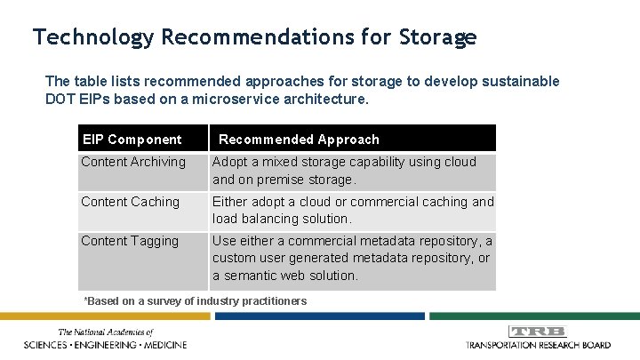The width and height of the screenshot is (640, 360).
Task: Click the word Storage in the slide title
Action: pyautogui.click(x=438, y=37)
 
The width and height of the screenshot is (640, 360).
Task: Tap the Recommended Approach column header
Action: pyautogui.click(x=299, y=139)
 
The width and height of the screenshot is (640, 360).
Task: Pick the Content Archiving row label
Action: pyautogui.click(x=133, y=162)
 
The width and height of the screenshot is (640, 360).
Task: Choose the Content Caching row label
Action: pyautogui.click(x=130, y=202)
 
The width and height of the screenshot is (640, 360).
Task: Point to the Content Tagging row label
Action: pyautogui.click(x=130, y=241)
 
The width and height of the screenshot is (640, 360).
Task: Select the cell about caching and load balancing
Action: pyautogui.click(x=352, y=210)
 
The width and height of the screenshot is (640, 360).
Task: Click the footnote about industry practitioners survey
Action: pyautogui.click(x=195, y=301)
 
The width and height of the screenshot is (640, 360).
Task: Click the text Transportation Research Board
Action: pyautogui.click(x=538, y=344)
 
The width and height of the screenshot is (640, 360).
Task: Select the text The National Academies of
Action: pyautogui.click(x=106, y=332)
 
